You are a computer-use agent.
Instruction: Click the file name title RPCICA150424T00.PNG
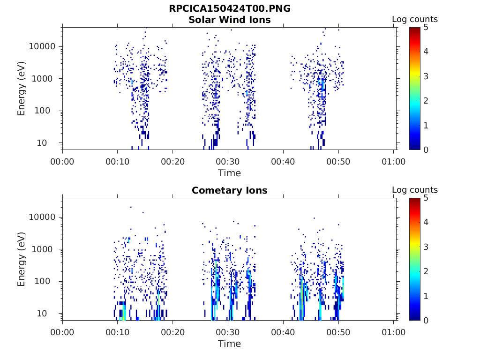click(230, 8)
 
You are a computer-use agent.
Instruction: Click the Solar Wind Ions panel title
click(230, 20)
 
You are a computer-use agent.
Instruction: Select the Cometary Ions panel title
click(230, 190)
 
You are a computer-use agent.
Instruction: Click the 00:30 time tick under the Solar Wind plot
click(228, 162)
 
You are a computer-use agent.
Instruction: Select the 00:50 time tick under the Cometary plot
click(338, 332)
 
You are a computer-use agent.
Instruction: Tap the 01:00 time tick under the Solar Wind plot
click(394, 162)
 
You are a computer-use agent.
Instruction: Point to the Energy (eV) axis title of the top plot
click(22, 89)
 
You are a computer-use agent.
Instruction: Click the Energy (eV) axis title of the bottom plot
click(22, 259)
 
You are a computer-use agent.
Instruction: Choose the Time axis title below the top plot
click(230, 173)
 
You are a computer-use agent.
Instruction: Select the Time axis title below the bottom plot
click(230, 344)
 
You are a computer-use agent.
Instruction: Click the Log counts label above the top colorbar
click(415, 19)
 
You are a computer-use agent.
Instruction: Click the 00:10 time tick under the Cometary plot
click(118, 332)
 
